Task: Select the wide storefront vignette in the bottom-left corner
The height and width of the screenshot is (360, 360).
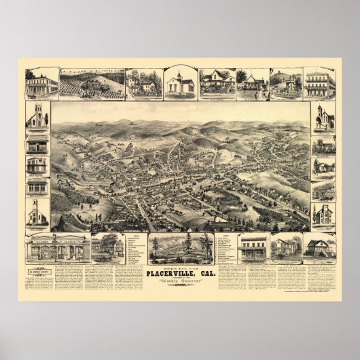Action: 58,249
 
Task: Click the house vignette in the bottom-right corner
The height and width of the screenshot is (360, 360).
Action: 318,247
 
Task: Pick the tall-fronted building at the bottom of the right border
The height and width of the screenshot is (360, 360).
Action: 323,214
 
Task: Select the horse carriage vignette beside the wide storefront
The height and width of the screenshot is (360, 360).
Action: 107,249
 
